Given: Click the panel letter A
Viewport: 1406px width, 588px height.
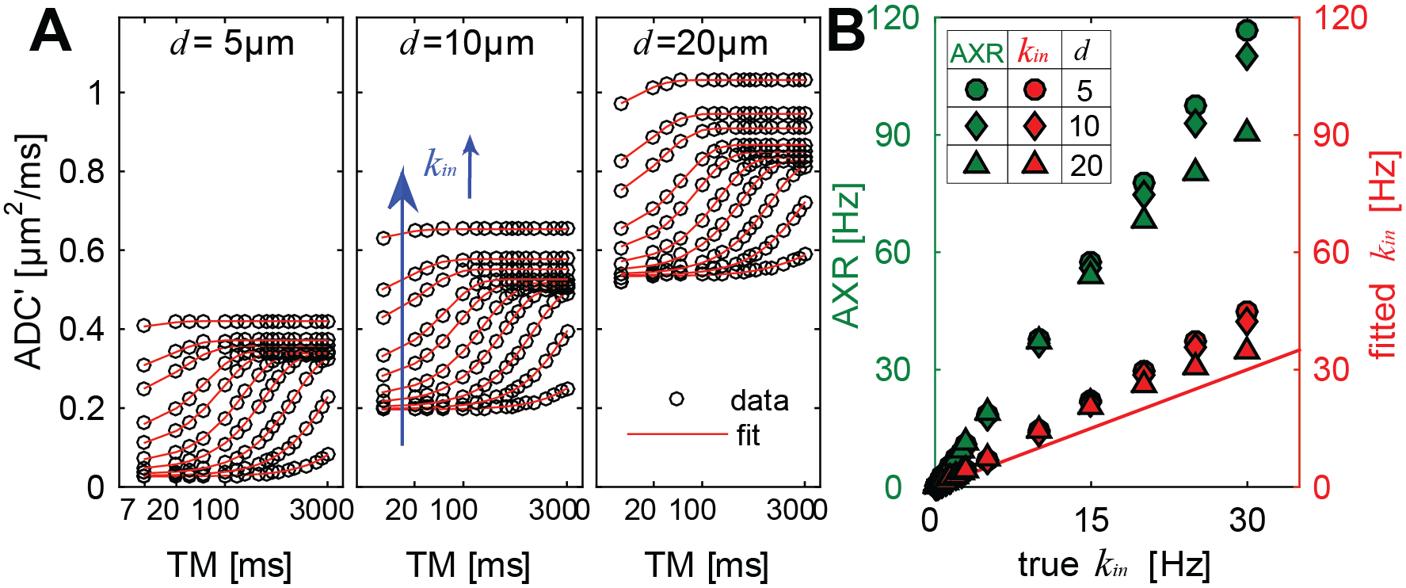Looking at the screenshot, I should [51, 35].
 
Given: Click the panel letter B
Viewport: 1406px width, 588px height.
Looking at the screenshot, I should [845, 34].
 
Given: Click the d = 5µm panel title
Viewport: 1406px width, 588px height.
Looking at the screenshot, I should [231, 44].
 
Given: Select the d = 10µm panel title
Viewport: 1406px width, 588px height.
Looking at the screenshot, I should [467, 44].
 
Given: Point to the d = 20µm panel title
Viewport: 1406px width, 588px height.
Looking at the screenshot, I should [700, 44].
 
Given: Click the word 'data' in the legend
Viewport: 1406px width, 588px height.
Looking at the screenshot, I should [759, 401].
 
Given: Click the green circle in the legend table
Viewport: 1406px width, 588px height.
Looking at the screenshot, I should [977, 90].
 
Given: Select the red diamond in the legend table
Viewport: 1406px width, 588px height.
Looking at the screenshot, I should [1034, 126].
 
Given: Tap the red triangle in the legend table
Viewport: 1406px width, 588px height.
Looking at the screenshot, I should [1034, 163].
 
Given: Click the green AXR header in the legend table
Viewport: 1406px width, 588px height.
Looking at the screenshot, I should [977, 53].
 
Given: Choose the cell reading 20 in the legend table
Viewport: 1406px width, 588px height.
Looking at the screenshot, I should [1086, 166].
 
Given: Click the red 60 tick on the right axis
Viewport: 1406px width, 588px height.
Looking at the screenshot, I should [1331, 253].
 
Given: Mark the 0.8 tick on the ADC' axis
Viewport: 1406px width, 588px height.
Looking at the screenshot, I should [82, 172].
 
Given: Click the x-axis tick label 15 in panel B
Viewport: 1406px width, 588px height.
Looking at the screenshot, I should [1091, 521].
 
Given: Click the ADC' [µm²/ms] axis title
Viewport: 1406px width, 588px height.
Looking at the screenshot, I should [29, 252].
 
